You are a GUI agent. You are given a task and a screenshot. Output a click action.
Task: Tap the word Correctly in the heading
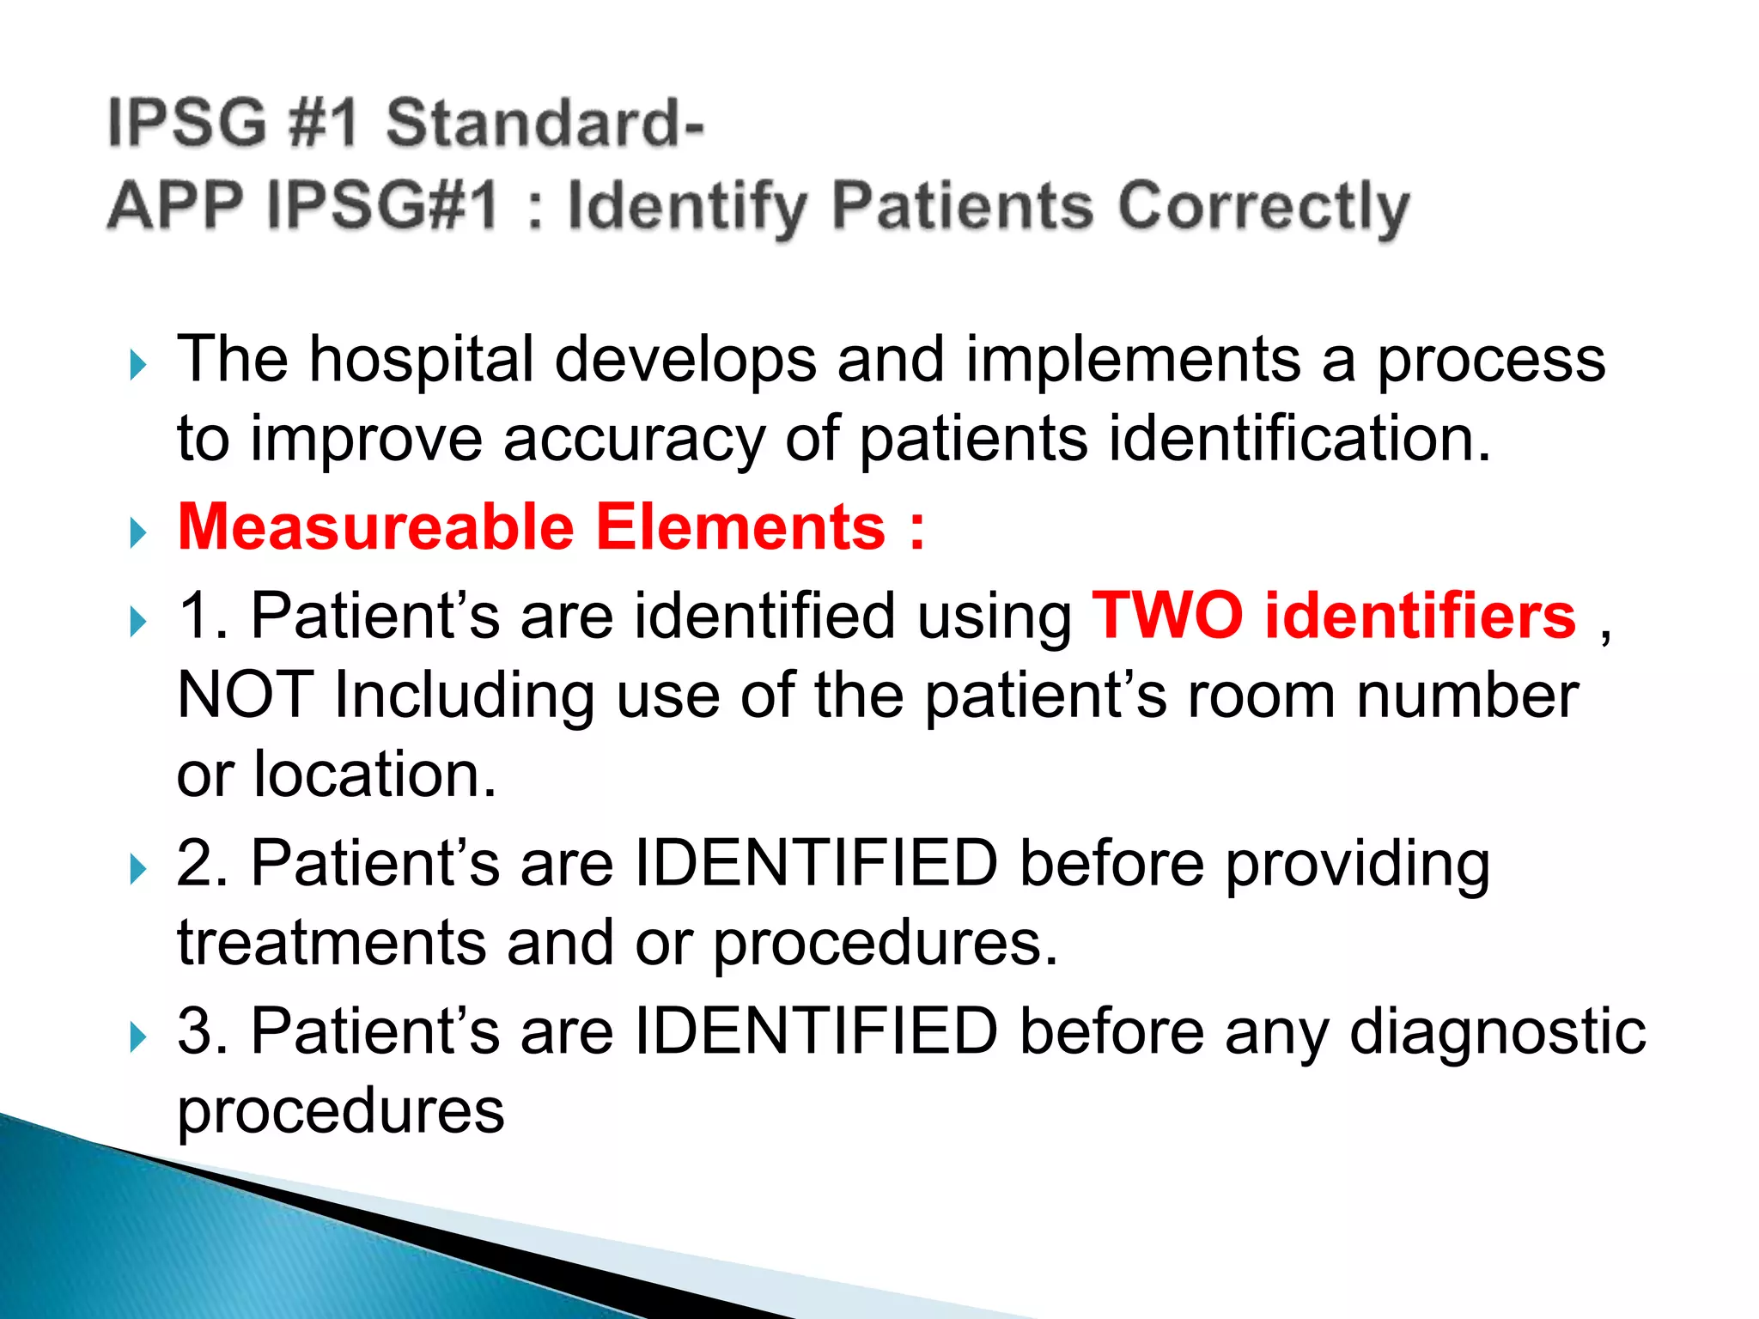pyautogui.click(x=1263, y=208)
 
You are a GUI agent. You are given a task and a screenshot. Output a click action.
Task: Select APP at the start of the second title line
pyautogui.click(x=176, y=206)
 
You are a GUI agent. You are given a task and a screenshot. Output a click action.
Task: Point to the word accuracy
pyautogui.click(x=633, y=440)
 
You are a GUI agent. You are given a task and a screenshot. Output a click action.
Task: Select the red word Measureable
pyautogui.click(x=375, y=527)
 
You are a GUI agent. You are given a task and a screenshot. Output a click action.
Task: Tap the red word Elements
pyautogui.click(x=740, y=527)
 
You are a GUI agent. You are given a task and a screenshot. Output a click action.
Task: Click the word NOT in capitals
pyautogui.click(x=245, y=695)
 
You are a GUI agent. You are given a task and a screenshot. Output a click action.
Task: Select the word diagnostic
pyautogui.click(x=1497, y=1031)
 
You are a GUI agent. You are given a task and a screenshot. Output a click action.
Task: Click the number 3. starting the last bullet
pyautogui.click(x=203, y=1031)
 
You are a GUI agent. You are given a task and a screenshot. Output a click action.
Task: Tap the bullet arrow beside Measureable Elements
pyautogui.click(x=137, y=533)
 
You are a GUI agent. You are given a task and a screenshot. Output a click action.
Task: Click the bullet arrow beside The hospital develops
pyautogui.click(x=137, y=365)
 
